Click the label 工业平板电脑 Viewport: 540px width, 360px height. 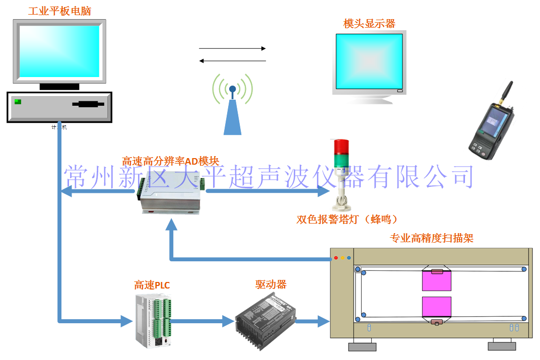click(59, 11)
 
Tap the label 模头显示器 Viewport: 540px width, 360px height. click(369, 23)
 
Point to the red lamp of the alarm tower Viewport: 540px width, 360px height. click(340, 146)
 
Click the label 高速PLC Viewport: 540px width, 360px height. click(152, 285)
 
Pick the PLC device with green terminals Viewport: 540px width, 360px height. click(153, 320)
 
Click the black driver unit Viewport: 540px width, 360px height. click(265, 318)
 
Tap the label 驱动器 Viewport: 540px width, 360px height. click(271, 284)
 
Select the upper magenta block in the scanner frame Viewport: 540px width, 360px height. click(436, 281)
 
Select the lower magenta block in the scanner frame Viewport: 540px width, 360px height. click(436, 307)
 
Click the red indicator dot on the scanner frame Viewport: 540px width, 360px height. click(336, 258)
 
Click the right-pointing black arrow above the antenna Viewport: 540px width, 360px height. click(232, 49)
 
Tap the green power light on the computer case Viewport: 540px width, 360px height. click(18, 102)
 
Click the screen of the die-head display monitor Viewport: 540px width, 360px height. click(369, 62)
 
